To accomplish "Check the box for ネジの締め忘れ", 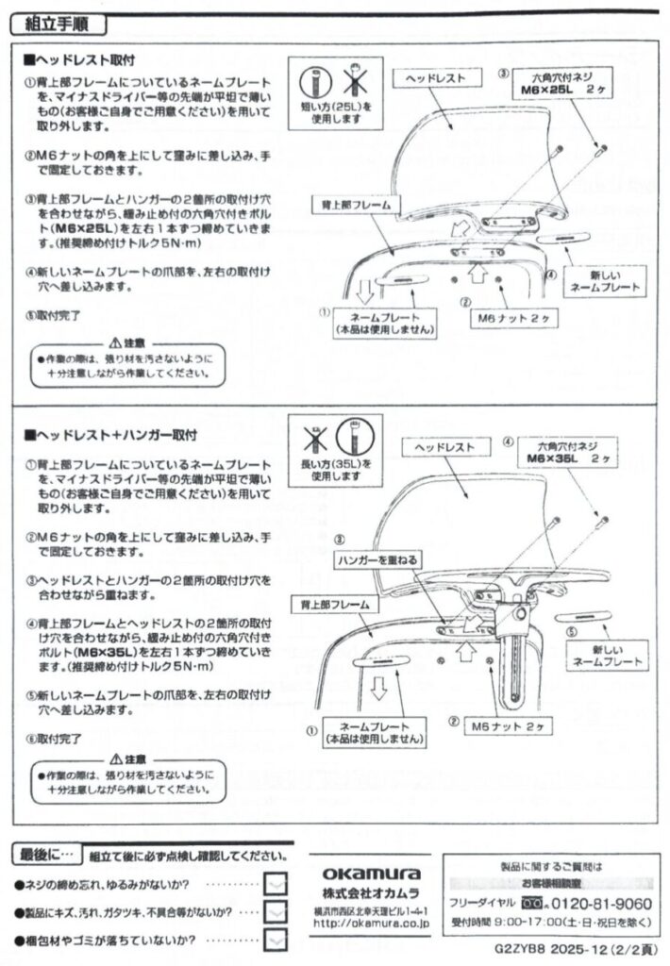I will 276,884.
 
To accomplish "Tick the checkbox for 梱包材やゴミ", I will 276,940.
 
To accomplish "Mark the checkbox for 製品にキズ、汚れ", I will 276,912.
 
